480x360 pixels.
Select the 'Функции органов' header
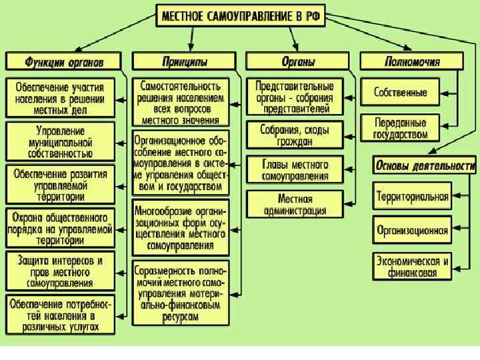65,62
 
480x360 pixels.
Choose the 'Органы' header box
298,62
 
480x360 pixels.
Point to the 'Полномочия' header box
412,62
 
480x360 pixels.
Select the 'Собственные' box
401,92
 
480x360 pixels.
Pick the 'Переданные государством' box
401,127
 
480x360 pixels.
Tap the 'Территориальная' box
412,197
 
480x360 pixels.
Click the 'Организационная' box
412,231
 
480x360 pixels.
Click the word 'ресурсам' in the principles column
181,319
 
